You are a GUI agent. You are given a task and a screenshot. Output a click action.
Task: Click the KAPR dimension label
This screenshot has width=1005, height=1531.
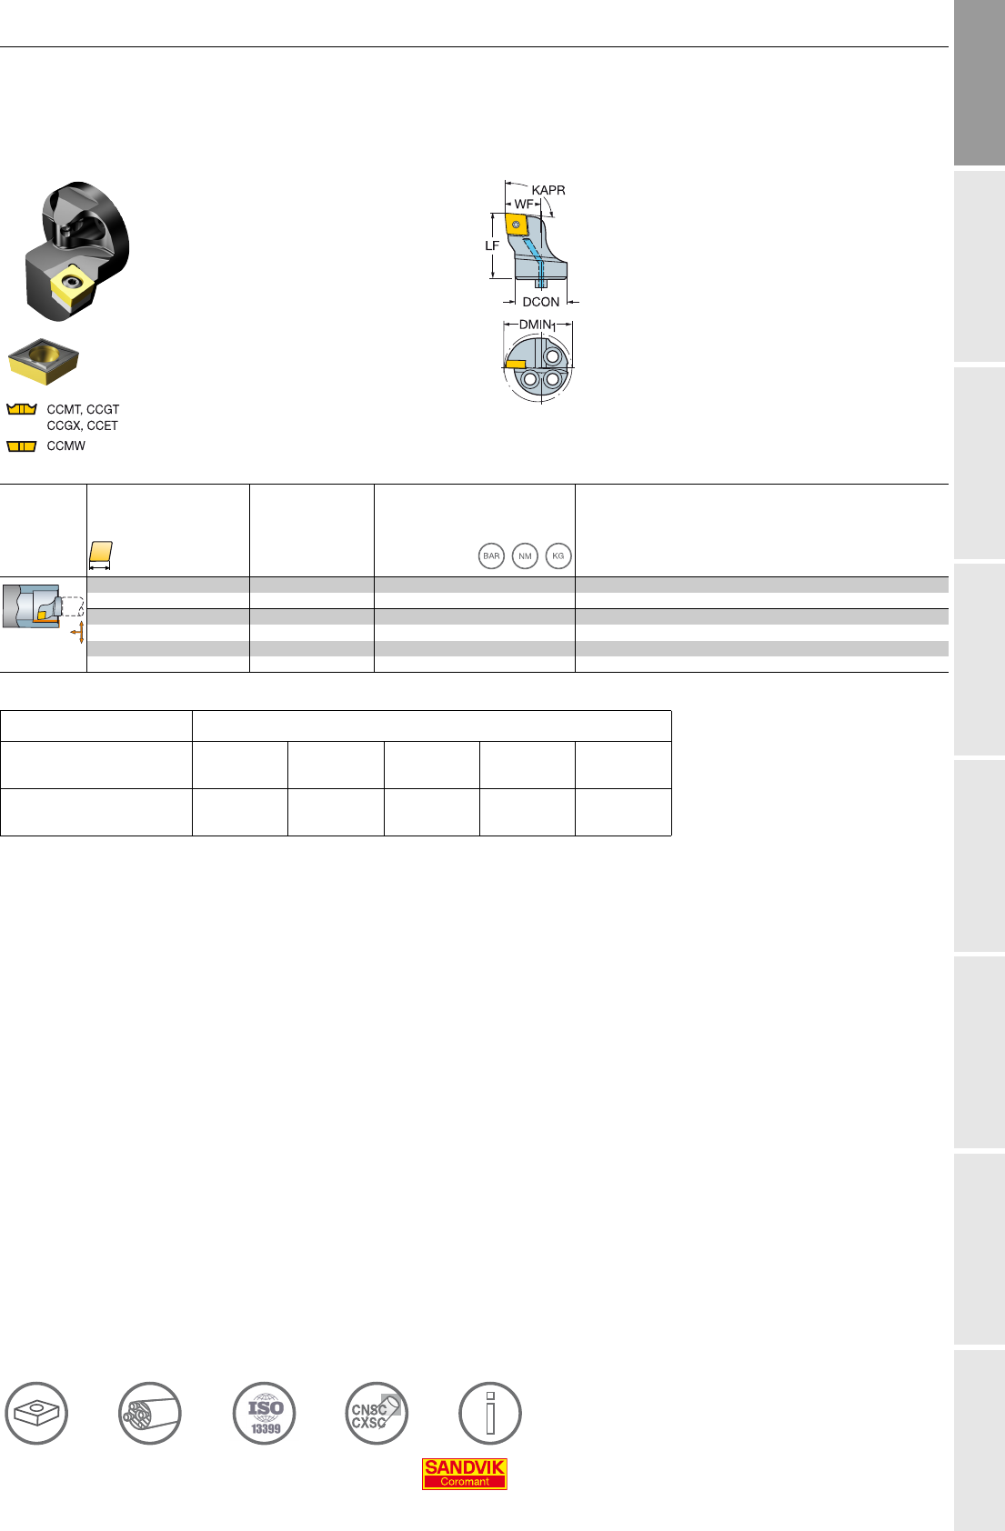click(548, 190)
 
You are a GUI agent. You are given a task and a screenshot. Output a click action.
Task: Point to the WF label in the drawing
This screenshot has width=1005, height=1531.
click(524, 205)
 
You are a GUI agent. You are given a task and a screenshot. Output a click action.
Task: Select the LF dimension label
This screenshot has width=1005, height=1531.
click(492, 245)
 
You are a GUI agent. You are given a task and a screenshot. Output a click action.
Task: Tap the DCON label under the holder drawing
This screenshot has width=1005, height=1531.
click(541, 302)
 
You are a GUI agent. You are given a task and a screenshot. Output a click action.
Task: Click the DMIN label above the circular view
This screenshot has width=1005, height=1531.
click(537, 325)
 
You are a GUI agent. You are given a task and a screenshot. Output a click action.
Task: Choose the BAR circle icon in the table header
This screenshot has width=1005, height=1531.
click(491, 555)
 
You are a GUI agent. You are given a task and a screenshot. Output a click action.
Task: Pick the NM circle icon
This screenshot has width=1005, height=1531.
click(525, 555)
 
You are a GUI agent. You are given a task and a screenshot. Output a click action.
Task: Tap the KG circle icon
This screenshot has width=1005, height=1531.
click(558, 555)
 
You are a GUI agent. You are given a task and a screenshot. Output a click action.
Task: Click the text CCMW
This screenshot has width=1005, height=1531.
click(66, 446)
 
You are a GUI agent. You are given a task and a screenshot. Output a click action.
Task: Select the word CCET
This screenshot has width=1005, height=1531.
click(103, 425)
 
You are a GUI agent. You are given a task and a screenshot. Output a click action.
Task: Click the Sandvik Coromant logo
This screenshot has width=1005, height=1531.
click(465, 1473)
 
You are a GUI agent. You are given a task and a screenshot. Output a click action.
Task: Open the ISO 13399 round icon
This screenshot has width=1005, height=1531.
click(264, 1414)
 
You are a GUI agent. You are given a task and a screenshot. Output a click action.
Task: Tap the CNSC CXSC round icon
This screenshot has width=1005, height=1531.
click(377, 1414)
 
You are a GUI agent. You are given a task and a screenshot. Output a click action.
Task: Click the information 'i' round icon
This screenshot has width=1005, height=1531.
click(490, 1414)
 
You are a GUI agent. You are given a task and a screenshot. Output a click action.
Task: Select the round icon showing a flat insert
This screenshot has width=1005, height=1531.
click(36, 1414)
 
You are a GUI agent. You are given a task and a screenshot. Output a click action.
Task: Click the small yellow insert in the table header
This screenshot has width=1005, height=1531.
click(101, 552)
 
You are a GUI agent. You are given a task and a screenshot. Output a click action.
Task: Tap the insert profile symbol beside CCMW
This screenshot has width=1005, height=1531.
click(21, 446)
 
